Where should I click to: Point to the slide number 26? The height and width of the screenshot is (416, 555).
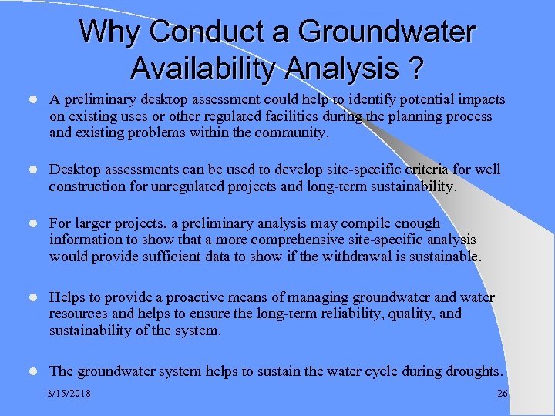point(503,394)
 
